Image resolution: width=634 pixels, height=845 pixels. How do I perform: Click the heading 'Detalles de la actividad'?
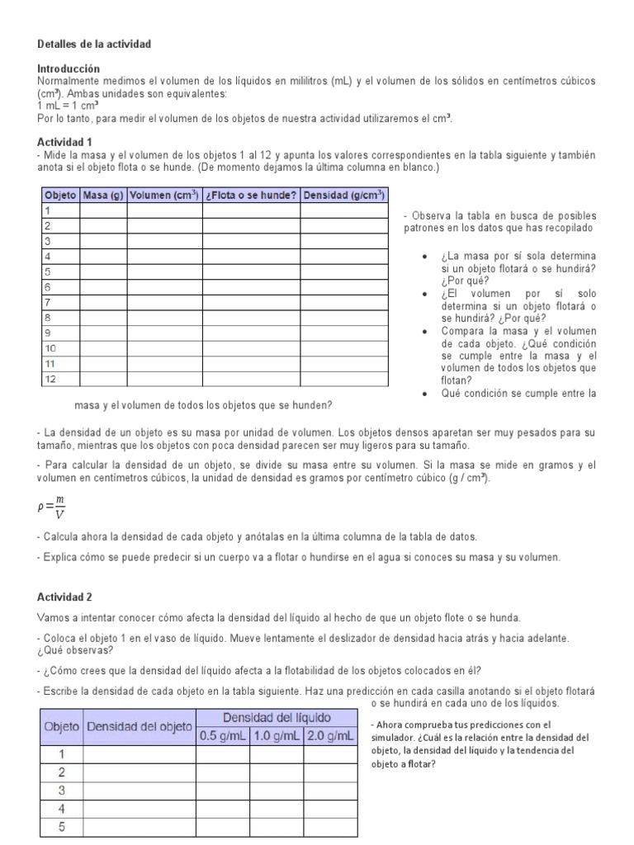pyautogui.click(x=94, y=43)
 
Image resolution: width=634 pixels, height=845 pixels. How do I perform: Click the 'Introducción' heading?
pyautogui.click(x=69, y=68)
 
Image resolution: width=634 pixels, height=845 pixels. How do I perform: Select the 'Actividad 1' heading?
pyautogui.click(x=64, y=142)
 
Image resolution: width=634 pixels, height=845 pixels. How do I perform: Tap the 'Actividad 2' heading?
pyautogui.click(x=64, y=596)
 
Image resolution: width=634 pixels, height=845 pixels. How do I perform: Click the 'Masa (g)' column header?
pyautogui.click(x=103, y=196)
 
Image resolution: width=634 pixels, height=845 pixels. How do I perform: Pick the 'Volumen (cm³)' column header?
pyautogui.click(x=164, y=196)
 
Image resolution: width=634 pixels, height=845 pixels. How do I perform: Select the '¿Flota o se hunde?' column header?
pyautogui.click(x=251, y=196)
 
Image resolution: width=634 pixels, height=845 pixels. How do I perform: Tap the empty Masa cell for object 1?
pyautogui.click(x=103, y=211)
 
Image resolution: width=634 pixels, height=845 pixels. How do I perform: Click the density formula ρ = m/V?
pyautogui.click(x=54, y=507)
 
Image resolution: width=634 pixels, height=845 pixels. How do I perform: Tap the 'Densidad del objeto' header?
pyautogui.click(x=139, y=726)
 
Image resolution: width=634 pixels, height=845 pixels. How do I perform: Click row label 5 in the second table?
pyautogui.click(x=62, y=827)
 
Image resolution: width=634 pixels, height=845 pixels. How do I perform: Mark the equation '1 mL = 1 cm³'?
pyautogui.click(x=68, y=106)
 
